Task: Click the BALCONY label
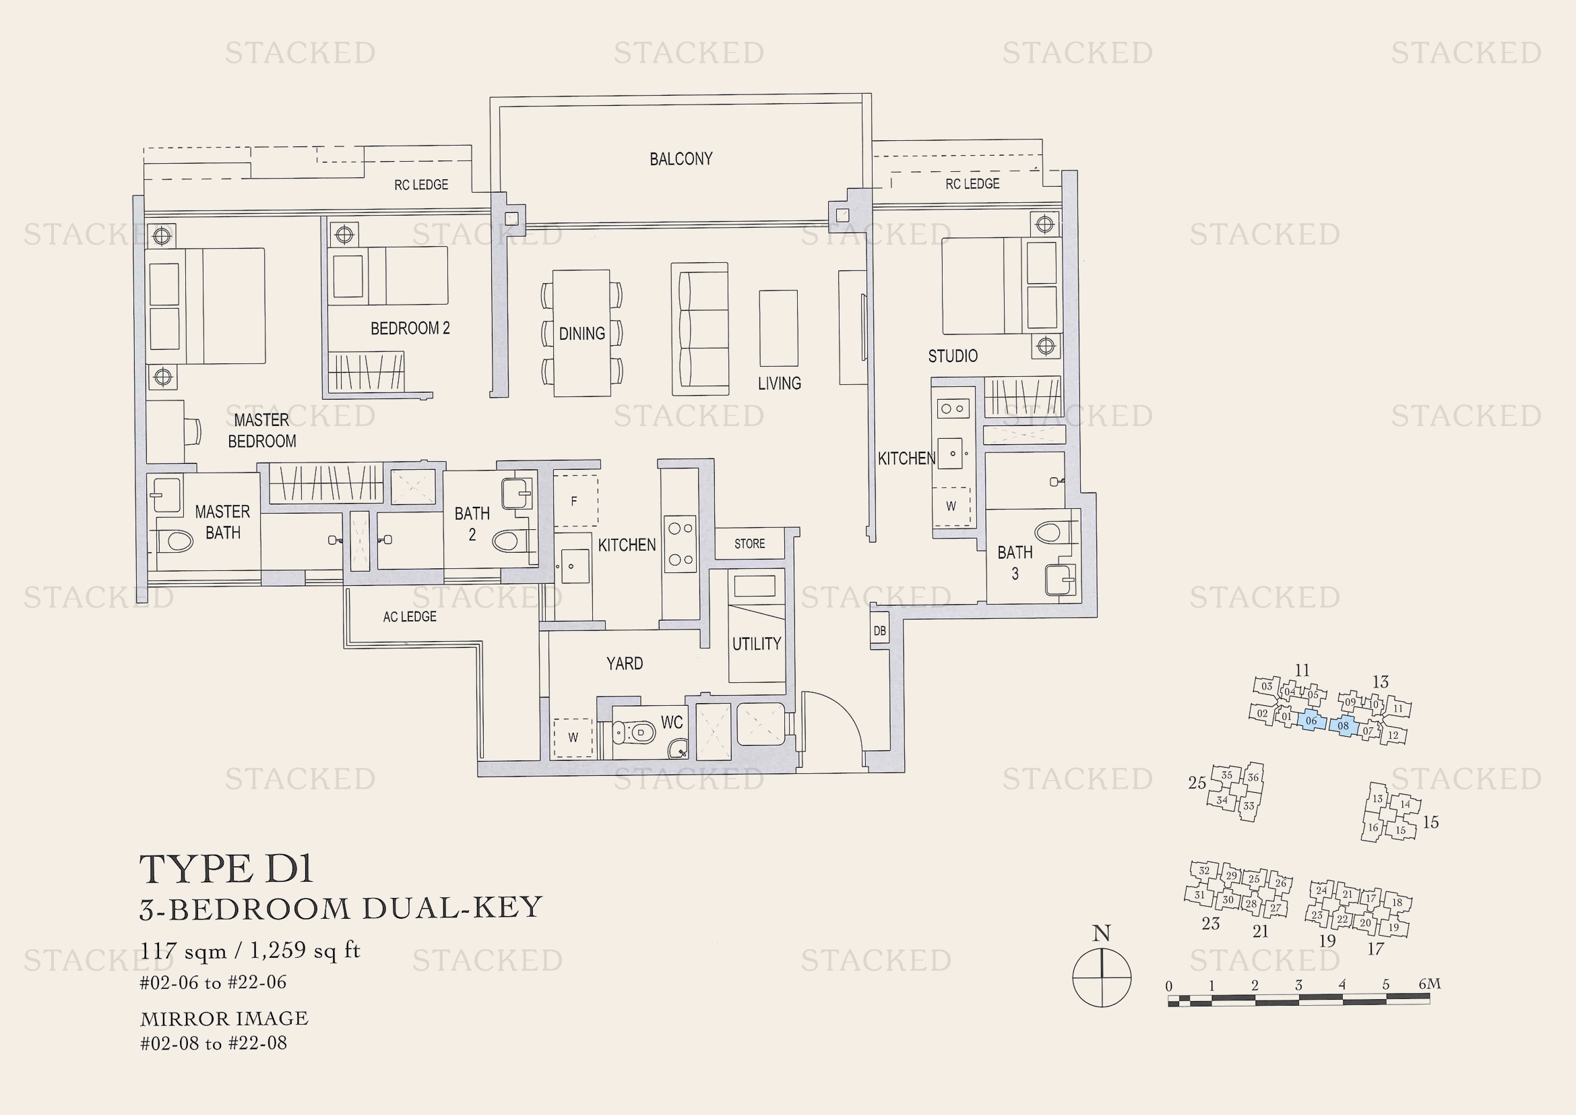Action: [681, 159]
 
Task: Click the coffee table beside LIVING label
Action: [778, 328]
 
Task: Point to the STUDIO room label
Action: [952, 356]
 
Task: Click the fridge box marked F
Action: [575, 501]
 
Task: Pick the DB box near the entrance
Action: [879, 630]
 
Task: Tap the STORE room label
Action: [749, 544]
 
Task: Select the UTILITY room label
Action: [756, 644]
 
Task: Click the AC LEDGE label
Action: [409, 617]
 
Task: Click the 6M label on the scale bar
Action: [1428, 984]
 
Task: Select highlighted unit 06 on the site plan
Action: [1311, 721]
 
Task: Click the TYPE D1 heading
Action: [226, 869]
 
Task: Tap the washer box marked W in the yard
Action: [573, 737]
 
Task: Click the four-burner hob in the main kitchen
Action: [681, 544]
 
